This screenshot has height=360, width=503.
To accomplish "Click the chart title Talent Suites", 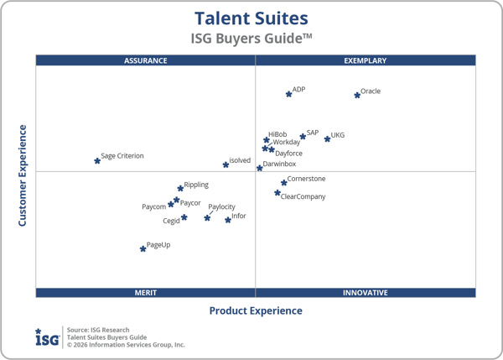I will (x=251, y=18).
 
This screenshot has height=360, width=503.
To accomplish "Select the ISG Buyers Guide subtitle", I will (x=251, y=39).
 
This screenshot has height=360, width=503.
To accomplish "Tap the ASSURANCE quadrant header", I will (x=145, y=60).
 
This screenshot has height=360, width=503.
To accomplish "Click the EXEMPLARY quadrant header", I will (x=366, y=60).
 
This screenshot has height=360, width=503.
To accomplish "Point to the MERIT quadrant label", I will (x=145, y=293).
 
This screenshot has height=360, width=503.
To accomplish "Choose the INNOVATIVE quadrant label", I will (x=366, y=293).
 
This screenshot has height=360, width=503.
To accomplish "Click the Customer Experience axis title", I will (x=23, y=175).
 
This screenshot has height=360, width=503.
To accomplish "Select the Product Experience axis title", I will (x=255, y=310).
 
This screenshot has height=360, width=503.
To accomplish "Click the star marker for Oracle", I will (x=357, y=95).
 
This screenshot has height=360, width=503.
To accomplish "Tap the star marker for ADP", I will (x=288, y=94).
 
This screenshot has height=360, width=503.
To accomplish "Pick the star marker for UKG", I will (x=327, y=138).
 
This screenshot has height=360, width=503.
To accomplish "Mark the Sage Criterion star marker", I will (x=97, y=160).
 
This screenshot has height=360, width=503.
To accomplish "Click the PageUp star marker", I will (x=143, y=248).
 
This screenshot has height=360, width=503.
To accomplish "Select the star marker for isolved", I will (x=226, y=164).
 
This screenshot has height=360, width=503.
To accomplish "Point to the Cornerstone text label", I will (x=306, y=179).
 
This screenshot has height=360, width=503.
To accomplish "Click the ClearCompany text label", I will (x=303, y=196).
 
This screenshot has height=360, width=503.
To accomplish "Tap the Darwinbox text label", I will (x=279, y=164).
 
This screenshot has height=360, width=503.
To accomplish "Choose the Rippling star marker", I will (x=180, y=188).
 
